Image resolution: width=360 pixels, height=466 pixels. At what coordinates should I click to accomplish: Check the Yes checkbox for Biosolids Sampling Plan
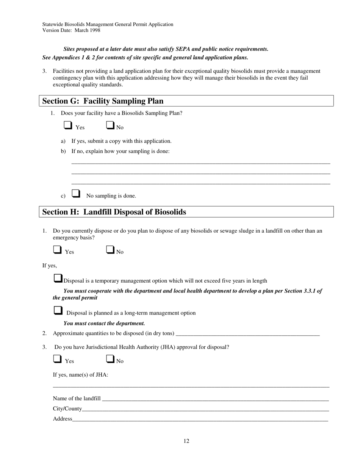coord(68,125)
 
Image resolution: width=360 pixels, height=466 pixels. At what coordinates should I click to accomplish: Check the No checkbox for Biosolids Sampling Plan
coord(110,125)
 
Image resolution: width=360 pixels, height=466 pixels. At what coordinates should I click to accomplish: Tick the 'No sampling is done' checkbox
coord(76,194)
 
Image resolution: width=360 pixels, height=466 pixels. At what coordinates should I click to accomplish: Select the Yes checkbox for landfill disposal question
coord(57,250)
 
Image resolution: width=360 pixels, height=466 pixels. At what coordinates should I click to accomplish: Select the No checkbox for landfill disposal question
coord(110,250)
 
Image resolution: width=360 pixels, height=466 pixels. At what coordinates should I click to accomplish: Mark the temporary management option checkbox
coord(58,278)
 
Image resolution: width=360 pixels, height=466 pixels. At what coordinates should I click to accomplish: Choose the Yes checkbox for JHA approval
coord(57,359)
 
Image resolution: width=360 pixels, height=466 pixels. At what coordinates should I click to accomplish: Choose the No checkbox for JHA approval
coord(110,359)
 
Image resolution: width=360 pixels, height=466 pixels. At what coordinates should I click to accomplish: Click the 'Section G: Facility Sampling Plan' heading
coord(103,101)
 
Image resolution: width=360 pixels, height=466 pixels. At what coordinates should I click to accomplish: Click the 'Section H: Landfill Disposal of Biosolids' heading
coord(114,212)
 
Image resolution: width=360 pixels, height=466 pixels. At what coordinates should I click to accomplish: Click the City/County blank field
coord(205,408)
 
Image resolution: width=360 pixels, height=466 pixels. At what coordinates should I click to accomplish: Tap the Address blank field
coord(200,419)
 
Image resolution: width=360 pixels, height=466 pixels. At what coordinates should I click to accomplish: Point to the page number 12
coord(186,441)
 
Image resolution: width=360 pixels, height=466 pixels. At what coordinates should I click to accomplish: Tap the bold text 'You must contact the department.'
coord(104,324)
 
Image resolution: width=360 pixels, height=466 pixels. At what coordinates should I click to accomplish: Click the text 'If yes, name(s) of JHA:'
coord(80,375)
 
